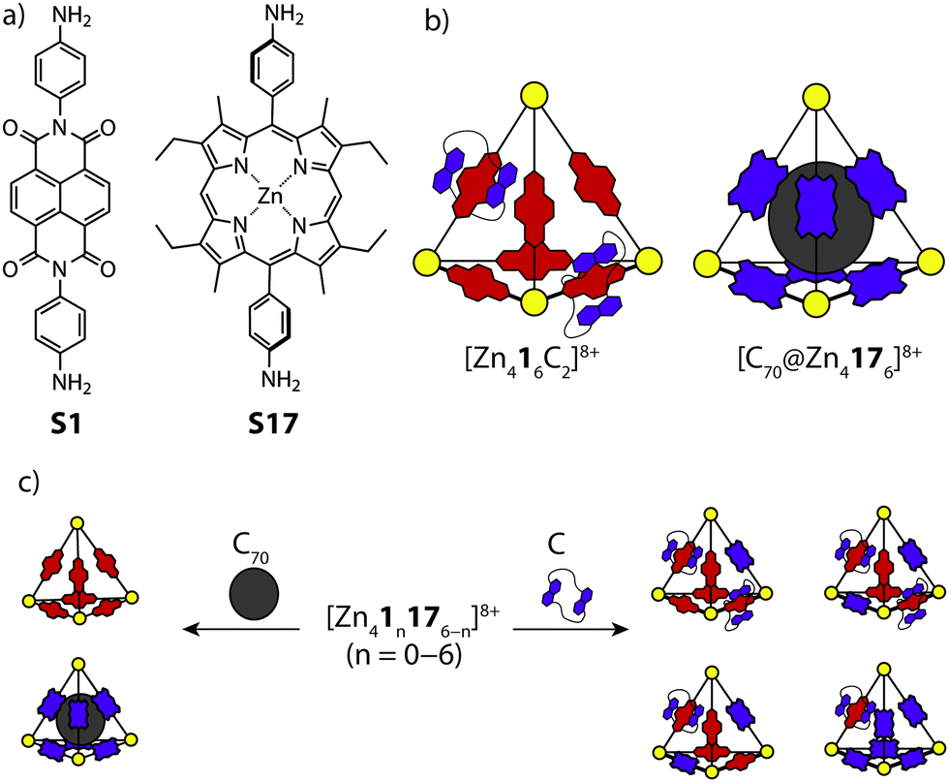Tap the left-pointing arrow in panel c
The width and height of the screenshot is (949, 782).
coord(242,630)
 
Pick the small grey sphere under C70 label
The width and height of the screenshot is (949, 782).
coord(255,594)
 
